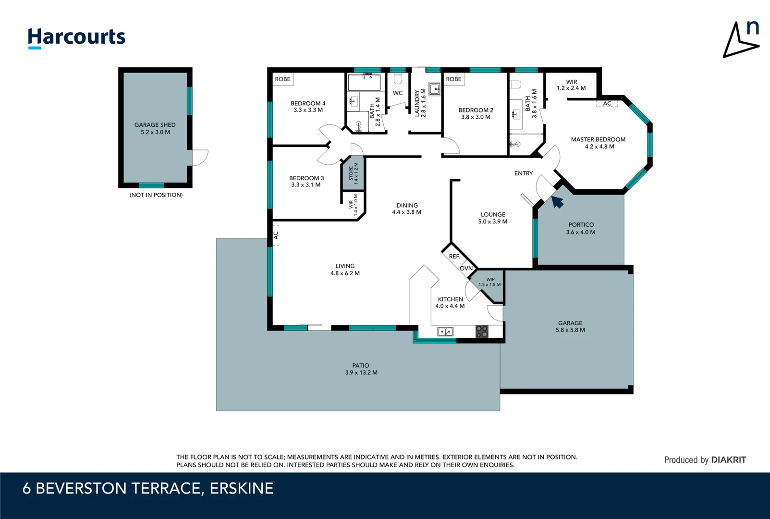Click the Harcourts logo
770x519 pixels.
click(76, 37)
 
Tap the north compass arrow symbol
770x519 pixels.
click(742, 40)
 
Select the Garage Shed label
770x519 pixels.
click(155, 128)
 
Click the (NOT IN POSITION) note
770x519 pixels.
click(156, 195)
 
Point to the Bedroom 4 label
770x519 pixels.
click(308, 107)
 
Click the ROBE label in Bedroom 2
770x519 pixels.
click(453, 79)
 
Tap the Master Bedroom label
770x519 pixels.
click(598, 143)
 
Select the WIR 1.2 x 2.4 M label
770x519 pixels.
click(571, 85)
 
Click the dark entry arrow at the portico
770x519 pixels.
click(557, 202)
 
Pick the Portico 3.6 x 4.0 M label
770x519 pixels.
click(581, 228)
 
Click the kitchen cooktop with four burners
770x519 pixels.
click(482, 331)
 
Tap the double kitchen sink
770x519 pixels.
click(445, 332)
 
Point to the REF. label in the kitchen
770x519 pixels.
click(454, 257)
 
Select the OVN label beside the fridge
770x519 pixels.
click(466, 268)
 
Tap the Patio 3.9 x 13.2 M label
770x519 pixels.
click(361, 369)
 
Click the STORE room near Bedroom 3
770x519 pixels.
click(353, 173)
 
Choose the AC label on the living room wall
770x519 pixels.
click(276, 235)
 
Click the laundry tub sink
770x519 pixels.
click(435, 89)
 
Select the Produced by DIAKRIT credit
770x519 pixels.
click(705, 460)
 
